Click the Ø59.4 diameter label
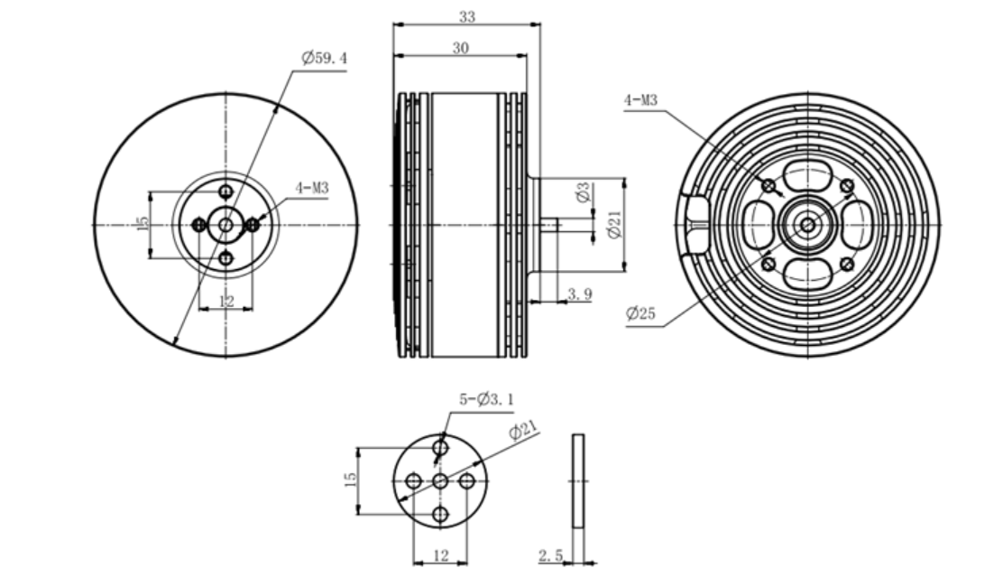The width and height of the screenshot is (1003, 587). [x=325, y=59]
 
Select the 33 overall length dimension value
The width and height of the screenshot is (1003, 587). [x=466, y=15]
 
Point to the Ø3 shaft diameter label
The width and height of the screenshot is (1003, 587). [x=584, y=192]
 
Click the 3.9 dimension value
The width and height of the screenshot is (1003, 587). [x=578, y=293]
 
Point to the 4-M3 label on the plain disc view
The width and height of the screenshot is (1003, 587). [x=311, y=189]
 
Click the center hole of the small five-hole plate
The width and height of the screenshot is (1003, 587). [x=440, y=481]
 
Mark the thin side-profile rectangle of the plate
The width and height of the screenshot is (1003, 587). [x=578, y=480]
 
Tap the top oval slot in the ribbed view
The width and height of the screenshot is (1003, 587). [x=806, y=175]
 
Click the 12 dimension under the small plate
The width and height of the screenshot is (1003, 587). [x=440, y=556]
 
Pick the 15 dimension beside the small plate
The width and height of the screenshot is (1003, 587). [x=351, y=480]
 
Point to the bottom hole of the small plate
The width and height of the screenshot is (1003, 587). [x=440, y=515]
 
